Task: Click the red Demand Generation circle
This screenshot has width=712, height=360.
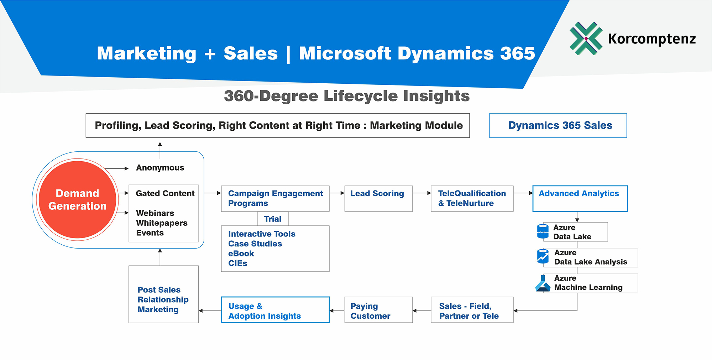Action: click(77, 199)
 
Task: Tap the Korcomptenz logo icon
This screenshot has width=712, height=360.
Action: click(586, 38)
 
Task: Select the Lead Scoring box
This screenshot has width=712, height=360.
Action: click(378, 198)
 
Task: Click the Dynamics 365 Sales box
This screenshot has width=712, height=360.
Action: click(558, 125)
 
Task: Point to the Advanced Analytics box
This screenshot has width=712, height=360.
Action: click(580, 198)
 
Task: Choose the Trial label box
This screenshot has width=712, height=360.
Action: click(273, 219)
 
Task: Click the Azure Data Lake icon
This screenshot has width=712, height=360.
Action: click(543, 231)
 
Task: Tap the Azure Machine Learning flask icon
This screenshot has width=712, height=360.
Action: click(543, 283)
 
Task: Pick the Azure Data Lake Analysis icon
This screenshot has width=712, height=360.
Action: click(543, 257)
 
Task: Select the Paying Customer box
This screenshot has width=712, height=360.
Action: click(378, 310)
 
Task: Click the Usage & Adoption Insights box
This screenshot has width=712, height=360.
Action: click(275, 310)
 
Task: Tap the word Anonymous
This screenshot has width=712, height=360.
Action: click(160, 168)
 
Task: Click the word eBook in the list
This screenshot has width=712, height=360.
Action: click(241, 254)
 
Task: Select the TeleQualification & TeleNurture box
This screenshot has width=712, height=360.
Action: click(472, 198)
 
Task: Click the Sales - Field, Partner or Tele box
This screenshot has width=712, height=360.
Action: click(472, 310)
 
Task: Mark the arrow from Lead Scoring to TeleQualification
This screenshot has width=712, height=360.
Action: click(422, 193)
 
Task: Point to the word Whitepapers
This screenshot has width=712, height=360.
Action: click(162, 223)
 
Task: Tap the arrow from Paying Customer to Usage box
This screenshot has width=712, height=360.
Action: click(337, 311)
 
